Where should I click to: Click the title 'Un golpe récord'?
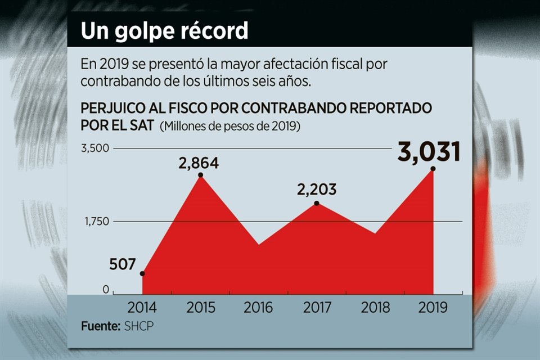tap(164, 31)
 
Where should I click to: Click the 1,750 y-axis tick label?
tap(96, 222)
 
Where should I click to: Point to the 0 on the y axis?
tap(106, 290)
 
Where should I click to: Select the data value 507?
tap(123, 264)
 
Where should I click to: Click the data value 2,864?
tap(199, 164)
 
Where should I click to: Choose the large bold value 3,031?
tap(429, 152)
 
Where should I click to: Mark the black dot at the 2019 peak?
tap(433, 169)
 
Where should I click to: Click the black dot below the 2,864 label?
tap(201, 175)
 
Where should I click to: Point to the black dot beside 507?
tap(142, 273)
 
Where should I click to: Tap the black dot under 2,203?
tap(317, 203)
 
